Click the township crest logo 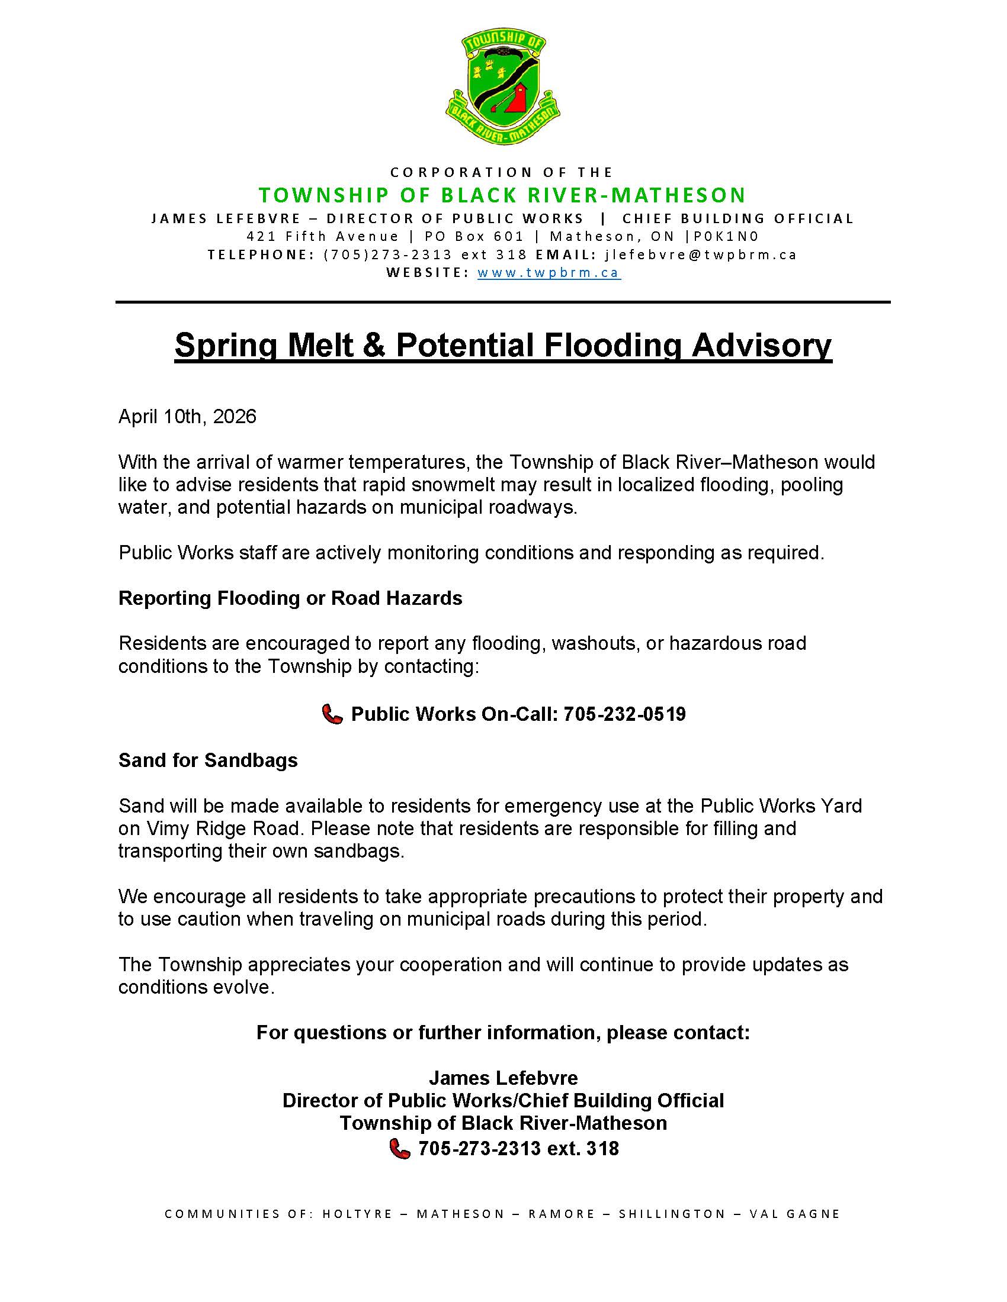503,87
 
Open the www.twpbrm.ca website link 549,273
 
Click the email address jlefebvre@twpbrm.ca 701,254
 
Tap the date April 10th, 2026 187,416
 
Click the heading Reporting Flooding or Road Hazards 290,598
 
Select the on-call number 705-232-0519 624,714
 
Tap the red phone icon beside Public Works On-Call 332,714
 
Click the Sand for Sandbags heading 208,760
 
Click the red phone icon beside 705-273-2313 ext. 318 400,1148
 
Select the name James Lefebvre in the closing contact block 504,1078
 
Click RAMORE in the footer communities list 562,1214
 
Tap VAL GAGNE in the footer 794,1214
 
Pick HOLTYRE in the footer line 357,1214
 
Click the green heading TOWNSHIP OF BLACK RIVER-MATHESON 502,195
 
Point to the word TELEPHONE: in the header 261,254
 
